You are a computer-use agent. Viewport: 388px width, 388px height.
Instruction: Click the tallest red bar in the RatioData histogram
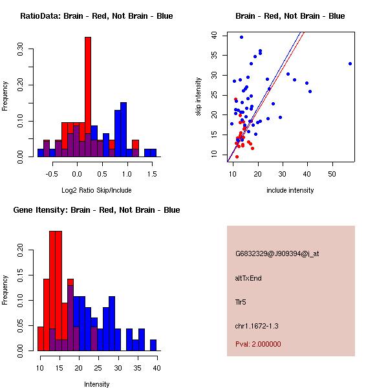(88, 97)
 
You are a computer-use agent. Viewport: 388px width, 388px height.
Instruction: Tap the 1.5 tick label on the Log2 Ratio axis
(151, 174)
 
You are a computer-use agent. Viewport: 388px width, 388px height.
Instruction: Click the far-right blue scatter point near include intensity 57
(350, 63)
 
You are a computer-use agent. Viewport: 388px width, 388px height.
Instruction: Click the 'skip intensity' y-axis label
(199, 97)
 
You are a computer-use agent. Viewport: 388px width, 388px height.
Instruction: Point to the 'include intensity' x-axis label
(290, 190)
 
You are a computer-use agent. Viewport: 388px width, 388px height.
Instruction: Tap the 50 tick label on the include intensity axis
(332, 174)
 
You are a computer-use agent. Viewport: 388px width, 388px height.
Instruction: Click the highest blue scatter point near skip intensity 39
(241, 37)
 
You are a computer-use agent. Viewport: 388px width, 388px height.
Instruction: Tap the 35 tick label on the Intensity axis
(137, 368)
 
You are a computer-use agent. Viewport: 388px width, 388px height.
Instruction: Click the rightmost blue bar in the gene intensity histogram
(153, 345)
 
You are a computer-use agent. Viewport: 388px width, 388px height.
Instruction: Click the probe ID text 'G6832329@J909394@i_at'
(277, 253)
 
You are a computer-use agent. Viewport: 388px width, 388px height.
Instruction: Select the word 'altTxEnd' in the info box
(248, 278)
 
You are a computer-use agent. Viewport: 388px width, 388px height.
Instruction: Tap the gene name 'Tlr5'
(241, 302)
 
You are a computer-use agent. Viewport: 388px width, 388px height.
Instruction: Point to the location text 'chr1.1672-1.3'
(257, 326)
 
